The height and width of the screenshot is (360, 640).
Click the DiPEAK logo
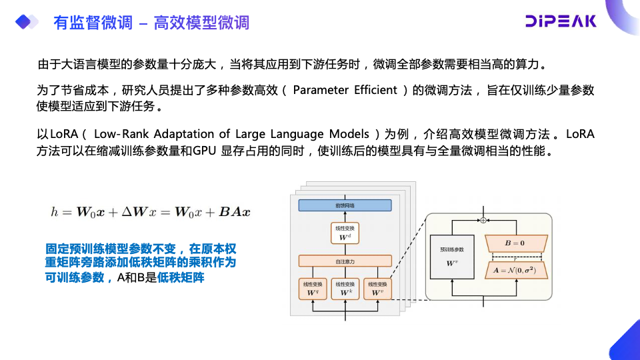pos(560,21)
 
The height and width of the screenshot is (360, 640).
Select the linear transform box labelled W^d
pos(345,233)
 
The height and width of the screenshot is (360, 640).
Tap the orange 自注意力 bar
pos(345,261)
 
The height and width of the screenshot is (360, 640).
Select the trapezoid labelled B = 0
pos(518,243)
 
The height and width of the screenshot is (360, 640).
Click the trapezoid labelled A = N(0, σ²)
pos(518,269)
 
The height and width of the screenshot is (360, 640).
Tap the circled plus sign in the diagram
pos(483,219)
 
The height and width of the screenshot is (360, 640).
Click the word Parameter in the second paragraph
pos(321,91)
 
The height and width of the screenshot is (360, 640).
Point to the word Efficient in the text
pos(376,91)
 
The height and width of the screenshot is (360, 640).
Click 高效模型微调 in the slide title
pos(201,23)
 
